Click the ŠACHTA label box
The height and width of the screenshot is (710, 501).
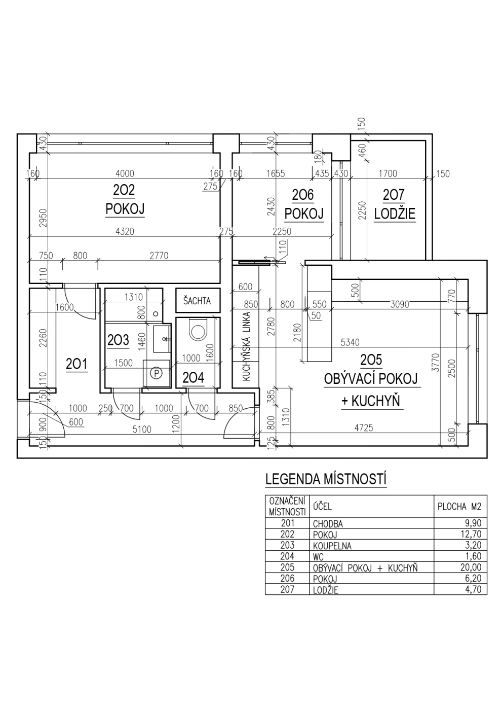[x=198, y=300]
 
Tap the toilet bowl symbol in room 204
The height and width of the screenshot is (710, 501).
[x=198, y=330]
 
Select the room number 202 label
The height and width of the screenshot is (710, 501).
[x=124, y=190]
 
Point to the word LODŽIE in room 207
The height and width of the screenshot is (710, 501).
[x=395, y=214]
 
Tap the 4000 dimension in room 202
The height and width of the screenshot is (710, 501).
[x=125, y=173]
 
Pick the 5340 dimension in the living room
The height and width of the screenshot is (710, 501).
[x=350, y=342]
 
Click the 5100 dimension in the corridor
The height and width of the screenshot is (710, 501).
[x=142, y=429]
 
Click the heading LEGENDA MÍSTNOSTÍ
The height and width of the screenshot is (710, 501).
[x=326, y=480]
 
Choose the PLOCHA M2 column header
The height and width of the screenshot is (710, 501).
[x=459, y=507]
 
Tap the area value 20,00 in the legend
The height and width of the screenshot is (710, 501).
[x=471, y=567]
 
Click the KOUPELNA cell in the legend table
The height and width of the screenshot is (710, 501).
[x=332, y=546]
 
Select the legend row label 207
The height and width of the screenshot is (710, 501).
[x=288, y=589]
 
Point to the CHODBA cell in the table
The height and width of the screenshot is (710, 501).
[x=328, y=523]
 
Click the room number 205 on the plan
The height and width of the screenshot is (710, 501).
[x=371, y=360]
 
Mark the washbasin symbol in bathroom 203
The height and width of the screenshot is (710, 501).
[x=162, y=339]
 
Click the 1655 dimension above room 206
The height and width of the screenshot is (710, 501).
[x=276, y=173]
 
